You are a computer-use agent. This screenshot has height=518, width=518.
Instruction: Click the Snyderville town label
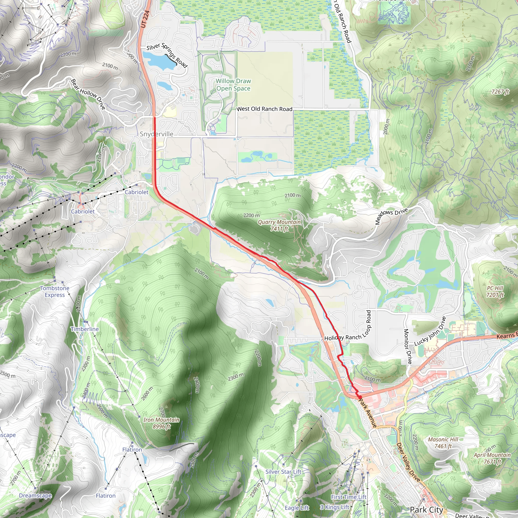[x=157, y=134]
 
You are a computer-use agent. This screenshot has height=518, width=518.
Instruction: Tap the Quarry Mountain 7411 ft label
[x=279, y=225]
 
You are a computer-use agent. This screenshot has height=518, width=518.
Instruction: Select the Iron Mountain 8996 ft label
[x=161, y=423]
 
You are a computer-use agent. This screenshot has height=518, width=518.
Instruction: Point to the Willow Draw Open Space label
[x=233, y=85]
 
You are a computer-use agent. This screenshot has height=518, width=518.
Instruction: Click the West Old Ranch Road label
[x=264, y=109]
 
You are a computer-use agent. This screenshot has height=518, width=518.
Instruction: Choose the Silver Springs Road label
[x=167, y=55]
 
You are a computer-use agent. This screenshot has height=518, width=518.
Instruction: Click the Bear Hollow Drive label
[x=88, y=94]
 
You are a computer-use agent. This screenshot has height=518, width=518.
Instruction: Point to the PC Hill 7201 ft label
[x=495, y=291]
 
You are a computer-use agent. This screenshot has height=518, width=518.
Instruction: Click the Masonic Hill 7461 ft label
[x=443, y=443]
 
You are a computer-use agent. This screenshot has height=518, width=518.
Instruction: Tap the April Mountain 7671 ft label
[x=492, y=458]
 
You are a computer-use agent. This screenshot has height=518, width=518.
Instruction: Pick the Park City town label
[x=427, y=510]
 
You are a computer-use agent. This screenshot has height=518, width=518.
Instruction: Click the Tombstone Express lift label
[x=55, y=291]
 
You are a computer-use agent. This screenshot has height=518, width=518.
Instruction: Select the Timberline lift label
[x=85, y=329]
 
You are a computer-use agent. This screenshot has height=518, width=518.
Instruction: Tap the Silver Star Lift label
[x=283, y=472]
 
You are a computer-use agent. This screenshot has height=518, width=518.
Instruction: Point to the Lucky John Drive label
[x=430, y=331]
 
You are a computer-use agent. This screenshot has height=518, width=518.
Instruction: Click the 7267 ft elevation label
[x=500, y=92]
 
